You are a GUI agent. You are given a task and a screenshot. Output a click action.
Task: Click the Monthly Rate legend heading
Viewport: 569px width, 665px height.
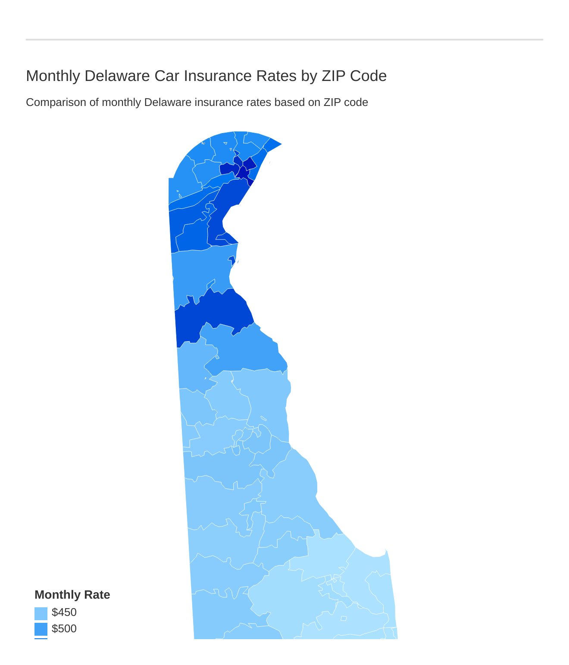click(x=72, y=595)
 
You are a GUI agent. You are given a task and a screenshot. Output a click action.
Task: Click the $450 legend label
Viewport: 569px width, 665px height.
click(x=64, y=612)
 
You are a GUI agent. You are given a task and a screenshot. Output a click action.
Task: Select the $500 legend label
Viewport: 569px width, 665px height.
click(x=64, y=628)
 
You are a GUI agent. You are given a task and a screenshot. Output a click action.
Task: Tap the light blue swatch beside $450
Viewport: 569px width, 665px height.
click(x=41, y=613)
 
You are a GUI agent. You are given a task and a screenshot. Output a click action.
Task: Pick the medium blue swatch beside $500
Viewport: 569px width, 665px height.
click(x=41, y=629)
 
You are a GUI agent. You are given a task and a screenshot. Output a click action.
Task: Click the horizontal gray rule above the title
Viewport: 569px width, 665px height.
click(x=284, y=40)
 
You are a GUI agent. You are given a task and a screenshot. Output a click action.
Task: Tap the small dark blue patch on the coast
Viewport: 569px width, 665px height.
click(x=232, y=260)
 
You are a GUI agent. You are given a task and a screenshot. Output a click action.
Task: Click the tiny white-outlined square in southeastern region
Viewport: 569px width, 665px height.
click(x=344, y=618)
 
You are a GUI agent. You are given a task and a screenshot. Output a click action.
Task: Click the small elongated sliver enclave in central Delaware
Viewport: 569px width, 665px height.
click(x=263, y=418)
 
